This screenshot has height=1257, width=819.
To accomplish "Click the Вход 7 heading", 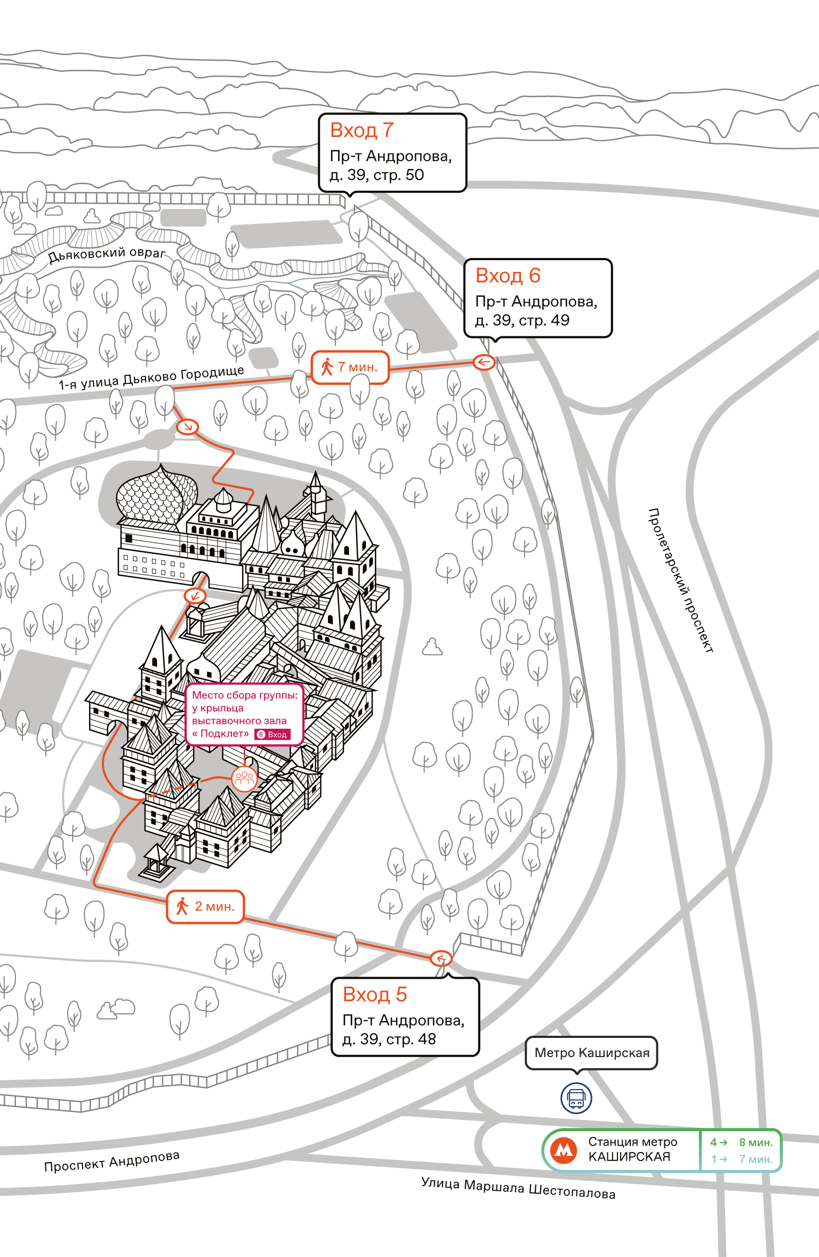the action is coord(362,131).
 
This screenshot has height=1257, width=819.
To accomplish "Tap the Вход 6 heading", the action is coord(508,276).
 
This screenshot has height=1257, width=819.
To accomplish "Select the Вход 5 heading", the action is coord(375,994).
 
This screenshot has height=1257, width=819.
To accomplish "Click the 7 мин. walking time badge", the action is coord(350,367).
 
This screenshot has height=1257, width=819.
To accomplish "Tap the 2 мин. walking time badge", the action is coord(205,906).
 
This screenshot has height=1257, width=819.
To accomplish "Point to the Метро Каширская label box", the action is coord(591,1053).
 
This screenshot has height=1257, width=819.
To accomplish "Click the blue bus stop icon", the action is coord(576,1098).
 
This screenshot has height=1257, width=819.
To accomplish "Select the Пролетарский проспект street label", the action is coord(680,581).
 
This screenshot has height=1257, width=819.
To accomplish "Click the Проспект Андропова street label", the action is coord(112,1161).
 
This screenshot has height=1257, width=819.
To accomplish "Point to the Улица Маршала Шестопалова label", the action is coord(518,1188).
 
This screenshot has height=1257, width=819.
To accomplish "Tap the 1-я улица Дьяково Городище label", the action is coord(151,377).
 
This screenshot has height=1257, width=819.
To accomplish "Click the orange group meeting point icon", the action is coord(245,779).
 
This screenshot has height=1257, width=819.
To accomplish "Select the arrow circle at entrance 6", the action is coord(484,362).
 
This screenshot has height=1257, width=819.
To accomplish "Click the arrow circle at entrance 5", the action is coord(441,958).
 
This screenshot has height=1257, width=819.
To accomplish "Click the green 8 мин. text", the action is coord(756,1142).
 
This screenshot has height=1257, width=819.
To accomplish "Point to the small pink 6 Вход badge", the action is coord(272,734).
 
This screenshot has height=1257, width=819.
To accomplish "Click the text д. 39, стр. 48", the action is coord(389,1039).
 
